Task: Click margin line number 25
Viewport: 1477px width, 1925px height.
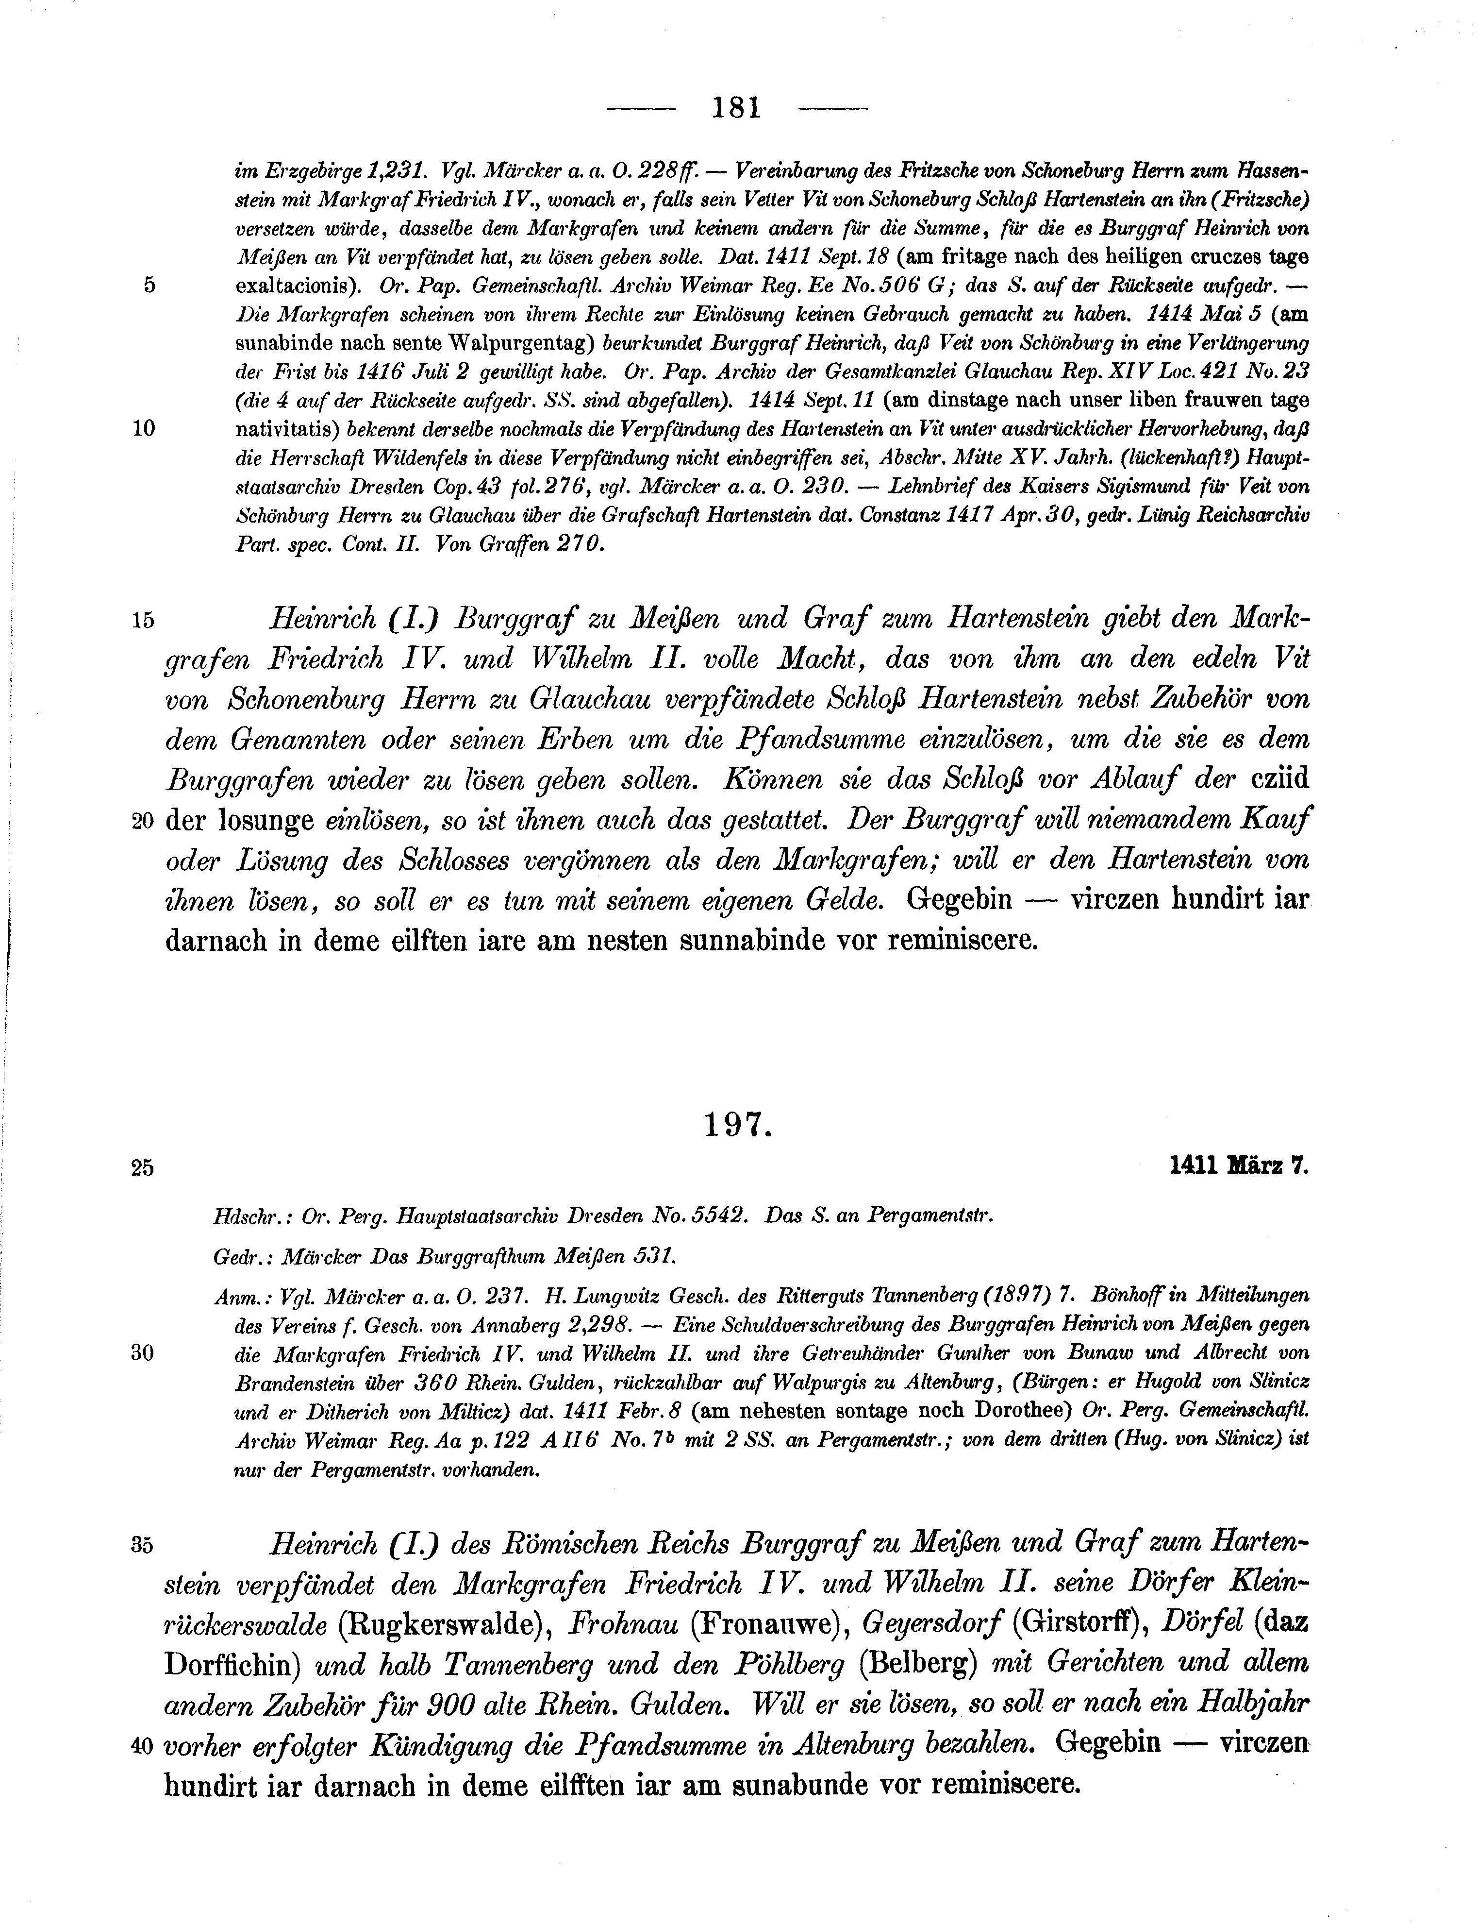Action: click(x=142, y=1168)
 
